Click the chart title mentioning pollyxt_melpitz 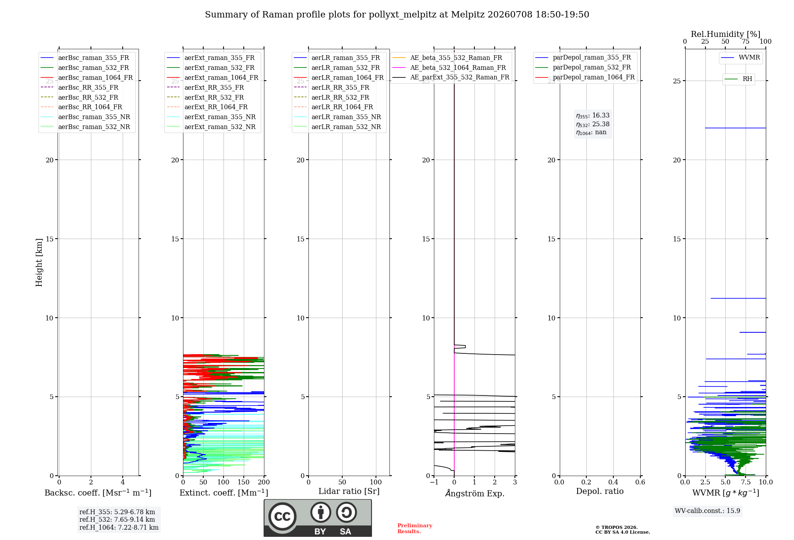[397, 15]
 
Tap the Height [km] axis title [39, 262]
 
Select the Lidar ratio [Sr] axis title [349, 492]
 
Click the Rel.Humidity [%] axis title [725, 34]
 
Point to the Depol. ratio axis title [599, 492]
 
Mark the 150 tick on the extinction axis [244, 482]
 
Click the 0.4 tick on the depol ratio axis [613, 482]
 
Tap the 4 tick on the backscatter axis [123, 482]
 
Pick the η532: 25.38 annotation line [593, 124]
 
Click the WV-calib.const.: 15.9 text [707, 511]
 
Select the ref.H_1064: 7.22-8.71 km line [119, 528]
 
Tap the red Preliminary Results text [415, 528]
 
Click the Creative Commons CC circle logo [282, 517]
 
